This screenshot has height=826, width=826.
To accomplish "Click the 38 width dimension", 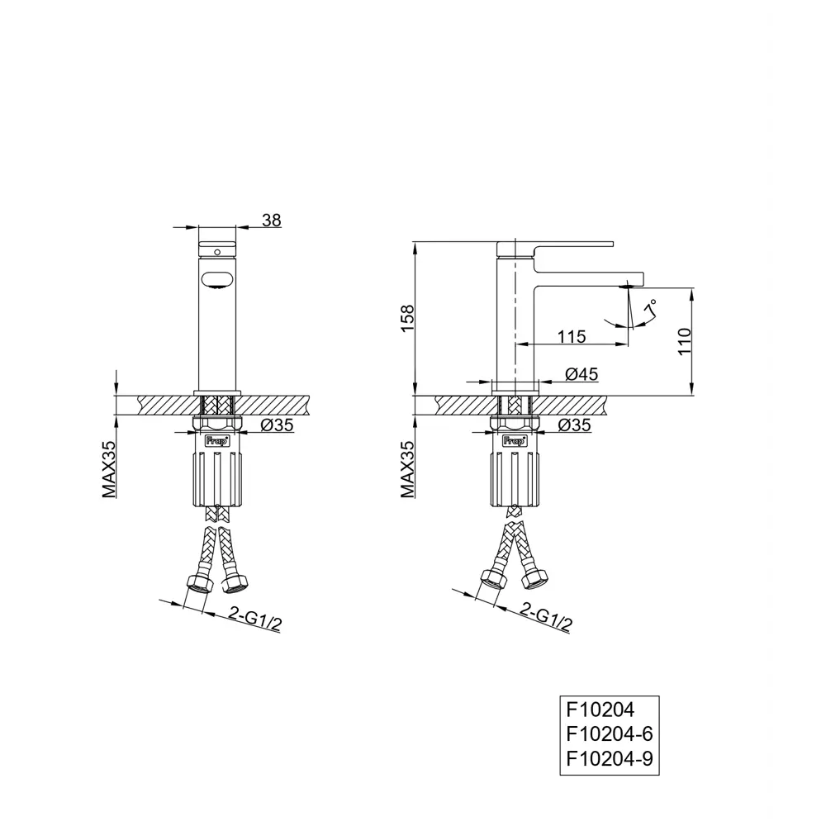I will (272, 220).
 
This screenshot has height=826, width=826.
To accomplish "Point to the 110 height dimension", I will (682, 339).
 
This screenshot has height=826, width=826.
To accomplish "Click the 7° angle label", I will (652, 307).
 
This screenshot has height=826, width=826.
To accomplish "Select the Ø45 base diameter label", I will (582, 374).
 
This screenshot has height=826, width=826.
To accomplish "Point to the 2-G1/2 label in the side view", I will (547, 615).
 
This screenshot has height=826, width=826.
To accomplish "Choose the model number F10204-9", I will (611, 757).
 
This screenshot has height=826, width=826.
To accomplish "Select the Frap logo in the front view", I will (216, 441).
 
